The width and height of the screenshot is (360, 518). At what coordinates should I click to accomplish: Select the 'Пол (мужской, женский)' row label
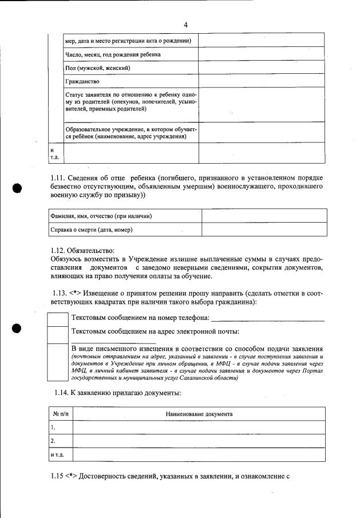coord(97,68)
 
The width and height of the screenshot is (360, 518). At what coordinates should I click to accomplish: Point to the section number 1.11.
coord(60,177)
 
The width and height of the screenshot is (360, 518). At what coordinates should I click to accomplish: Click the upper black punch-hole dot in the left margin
coord(17,189)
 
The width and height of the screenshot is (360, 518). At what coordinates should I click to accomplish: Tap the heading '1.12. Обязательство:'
coord(82,250)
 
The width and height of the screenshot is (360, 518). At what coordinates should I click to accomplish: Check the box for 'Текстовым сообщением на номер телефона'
coord(57,318)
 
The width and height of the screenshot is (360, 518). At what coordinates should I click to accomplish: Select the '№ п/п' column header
coord(60,413)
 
